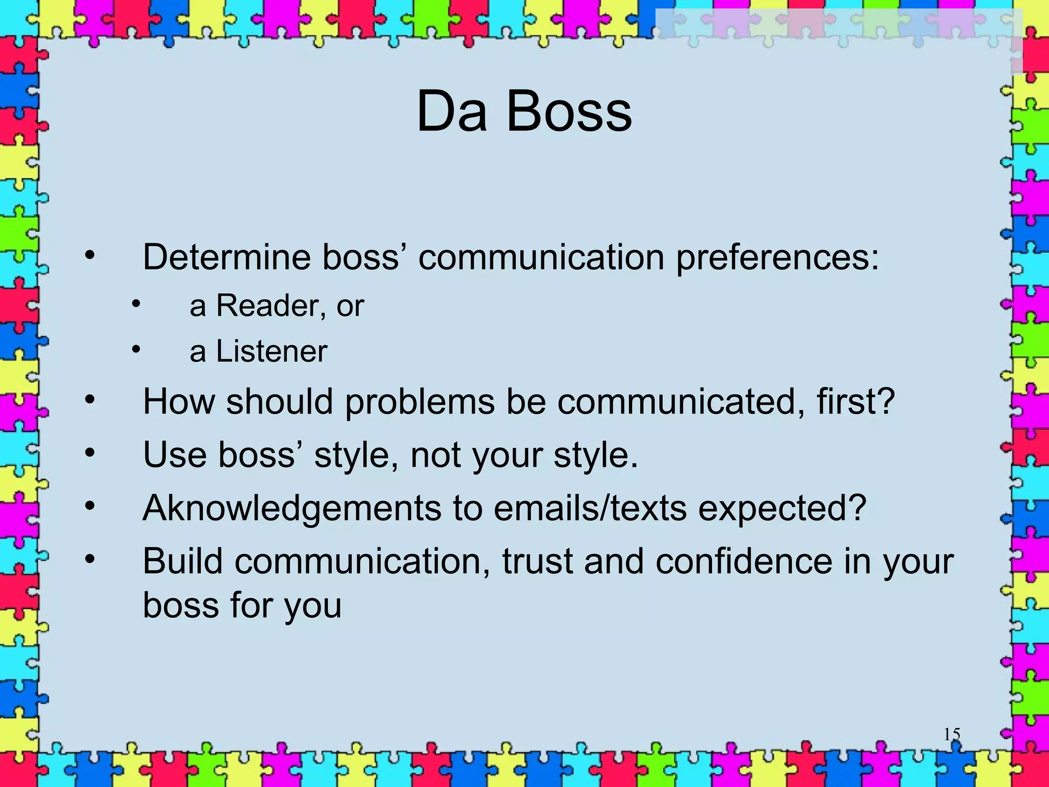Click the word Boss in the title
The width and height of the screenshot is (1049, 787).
pyautogui.click(x=569, y=111)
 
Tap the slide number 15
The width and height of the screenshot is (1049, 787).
pyautogui.click(x=952, y=734)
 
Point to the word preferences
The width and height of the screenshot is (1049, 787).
pyautogui.click(x=777, y=257)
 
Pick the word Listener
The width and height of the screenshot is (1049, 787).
pyautogui.click(x=271, y=351)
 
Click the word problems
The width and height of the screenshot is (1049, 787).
pyautogui.click(x=419, y=402)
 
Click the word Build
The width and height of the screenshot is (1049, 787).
pyautogui.click(x=183, y=561)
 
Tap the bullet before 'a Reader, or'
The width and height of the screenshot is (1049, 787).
pyautogui.click(x=135, y=304)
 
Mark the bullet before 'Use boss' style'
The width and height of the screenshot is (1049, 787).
pyautogui.click(x=90, y=452)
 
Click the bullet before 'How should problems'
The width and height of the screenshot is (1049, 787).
pyautogui.click(x=90, y=400)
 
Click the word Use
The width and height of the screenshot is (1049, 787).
pyautogui.click(x=175, y=454)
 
